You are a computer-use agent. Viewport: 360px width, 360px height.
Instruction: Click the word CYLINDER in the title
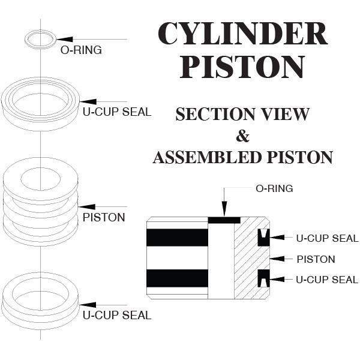pos(242,35)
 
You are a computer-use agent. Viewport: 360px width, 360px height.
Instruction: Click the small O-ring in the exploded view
pos(40,39)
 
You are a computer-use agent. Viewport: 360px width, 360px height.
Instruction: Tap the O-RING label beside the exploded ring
pos(81,50)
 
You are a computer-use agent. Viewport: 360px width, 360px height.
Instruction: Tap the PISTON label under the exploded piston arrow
pos(104,217)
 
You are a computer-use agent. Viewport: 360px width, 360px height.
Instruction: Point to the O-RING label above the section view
pos(274,189)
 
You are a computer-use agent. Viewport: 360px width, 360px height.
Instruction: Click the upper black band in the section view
pos(177,238)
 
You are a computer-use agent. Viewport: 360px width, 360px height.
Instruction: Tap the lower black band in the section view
pos(177,278)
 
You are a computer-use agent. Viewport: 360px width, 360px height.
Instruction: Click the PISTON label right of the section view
pos(316,259)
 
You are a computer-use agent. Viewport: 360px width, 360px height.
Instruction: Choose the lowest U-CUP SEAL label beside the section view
pos(327,280)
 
